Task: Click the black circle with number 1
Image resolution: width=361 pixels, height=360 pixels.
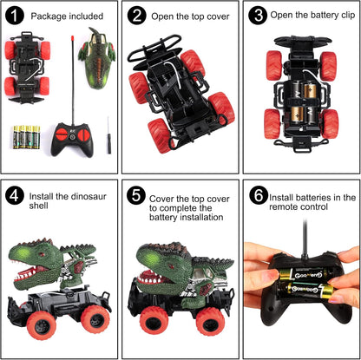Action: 14,16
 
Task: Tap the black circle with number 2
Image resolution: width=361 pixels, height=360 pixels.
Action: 136,16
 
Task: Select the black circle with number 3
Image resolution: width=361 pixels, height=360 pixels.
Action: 258,16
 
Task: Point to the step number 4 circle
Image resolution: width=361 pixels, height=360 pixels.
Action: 14,196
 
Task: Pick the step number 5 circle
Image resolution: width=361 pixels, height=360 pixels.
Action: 136,196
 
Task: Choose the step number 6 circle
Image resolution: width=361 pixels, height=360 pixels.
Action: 259,196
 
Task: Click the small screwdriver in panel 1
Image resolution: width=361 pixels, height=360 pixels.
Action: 108,135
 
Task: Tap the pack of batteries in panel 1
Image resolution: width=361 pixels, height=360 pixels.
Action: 26,137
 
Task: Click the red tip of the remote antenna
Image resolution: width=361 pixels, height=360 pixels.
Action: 72,38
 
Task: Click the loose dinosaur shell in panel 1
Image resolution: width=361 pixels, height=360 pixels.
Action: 97,58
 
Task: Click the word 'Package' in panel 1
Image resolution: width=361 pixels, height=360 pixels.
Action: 49,16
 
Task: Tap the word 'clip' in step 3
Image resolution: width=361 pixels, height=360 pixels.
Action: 348,15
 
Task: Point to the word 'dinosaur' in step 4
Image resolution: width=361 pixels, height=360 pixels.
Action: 88,197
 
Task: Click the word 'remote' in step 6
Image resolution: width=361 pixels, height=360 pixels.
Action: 284,207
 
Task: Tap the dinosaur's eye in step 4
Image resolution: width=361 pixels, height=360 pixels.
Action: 42,255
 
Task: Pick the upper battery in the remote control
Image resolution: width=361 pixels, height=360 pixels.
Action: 304,274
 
